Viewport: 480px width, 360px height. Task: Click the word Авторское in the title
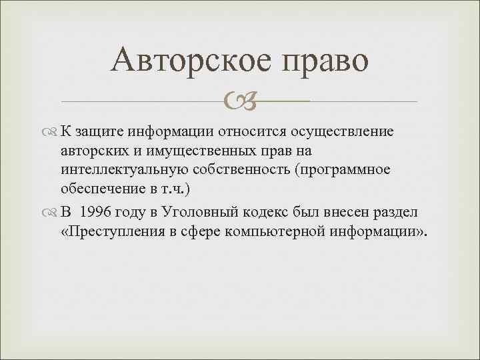[191, 61]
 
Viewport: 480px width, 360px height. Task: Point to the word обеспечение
[100, 189]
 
